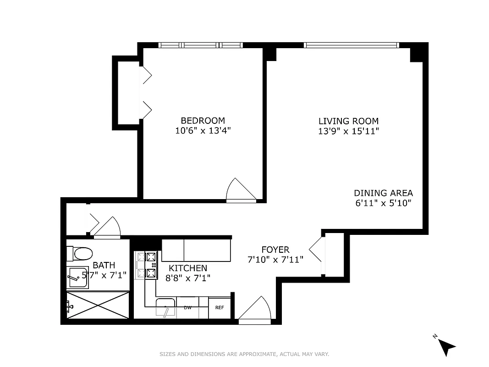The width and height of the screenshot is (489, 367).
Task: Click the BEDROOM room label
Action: pos(203,121)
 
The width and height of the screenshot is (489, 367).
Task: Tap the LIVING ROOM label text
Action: pos(348,121)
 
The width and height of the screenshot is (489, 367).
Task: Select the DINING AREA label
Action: pos(383,193)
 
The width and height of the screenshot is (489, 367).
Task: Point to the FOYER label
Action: pos(275,250)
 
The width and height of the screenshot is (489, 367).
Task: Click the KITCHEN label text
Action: pos(188,268)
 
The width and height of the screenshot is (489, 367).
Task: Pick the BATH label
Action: pos(104,265)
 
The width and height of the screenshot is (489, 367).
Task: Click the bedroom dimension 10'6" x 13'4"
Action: pos(203,131)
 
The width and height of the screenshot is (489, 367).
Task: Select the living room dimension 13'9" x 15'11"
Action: pos(348,131)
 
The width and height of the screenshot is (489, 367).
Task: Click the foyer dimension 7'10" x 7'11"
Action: pos(275,259)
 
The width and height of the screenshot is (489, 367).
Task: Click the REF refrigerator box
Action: pos(220,307)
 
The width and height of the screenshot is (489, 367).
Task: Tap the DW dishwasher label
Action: pos(187,307)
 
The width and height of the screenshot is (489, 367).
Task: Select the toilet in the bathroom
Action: pos(80,253)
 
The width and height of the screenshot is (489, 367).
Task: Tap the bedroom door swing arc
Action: pos(239,189)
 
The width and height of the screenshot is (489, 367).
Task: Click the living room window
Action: pos(351,45)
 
